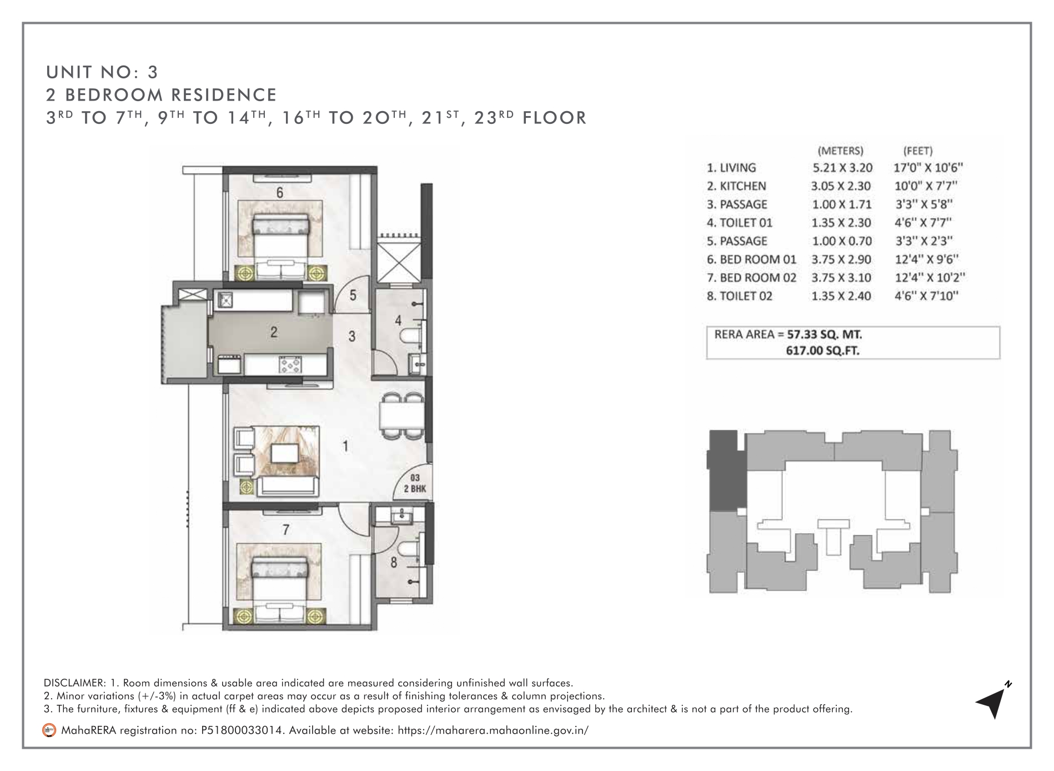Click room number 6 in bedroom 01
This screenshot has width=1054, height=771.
click(280, 192)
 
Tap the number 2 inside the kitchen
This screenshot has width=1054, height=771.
click(273, 332)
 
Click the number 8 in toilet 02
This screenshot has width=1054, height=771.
click(394, 562)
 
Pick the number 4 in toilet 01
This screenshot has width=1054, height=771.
click(398, 320)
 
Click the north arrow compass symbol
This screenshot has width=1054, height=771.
click(992, 700)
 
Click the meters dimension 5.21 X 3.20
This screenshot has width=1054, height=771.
click(842, 167)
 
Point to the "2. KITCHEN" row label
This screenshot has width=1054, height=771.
click(736, 186)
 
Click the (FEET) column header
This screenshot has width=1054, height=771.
click(918, 150)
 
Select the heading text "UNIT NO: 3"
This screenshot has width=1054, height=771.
click(103, 72)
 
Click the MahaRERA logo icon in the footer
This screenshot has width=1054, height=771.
click(49, 730)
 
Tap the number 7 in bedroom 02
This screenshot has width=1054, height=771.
click(285, 530)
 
